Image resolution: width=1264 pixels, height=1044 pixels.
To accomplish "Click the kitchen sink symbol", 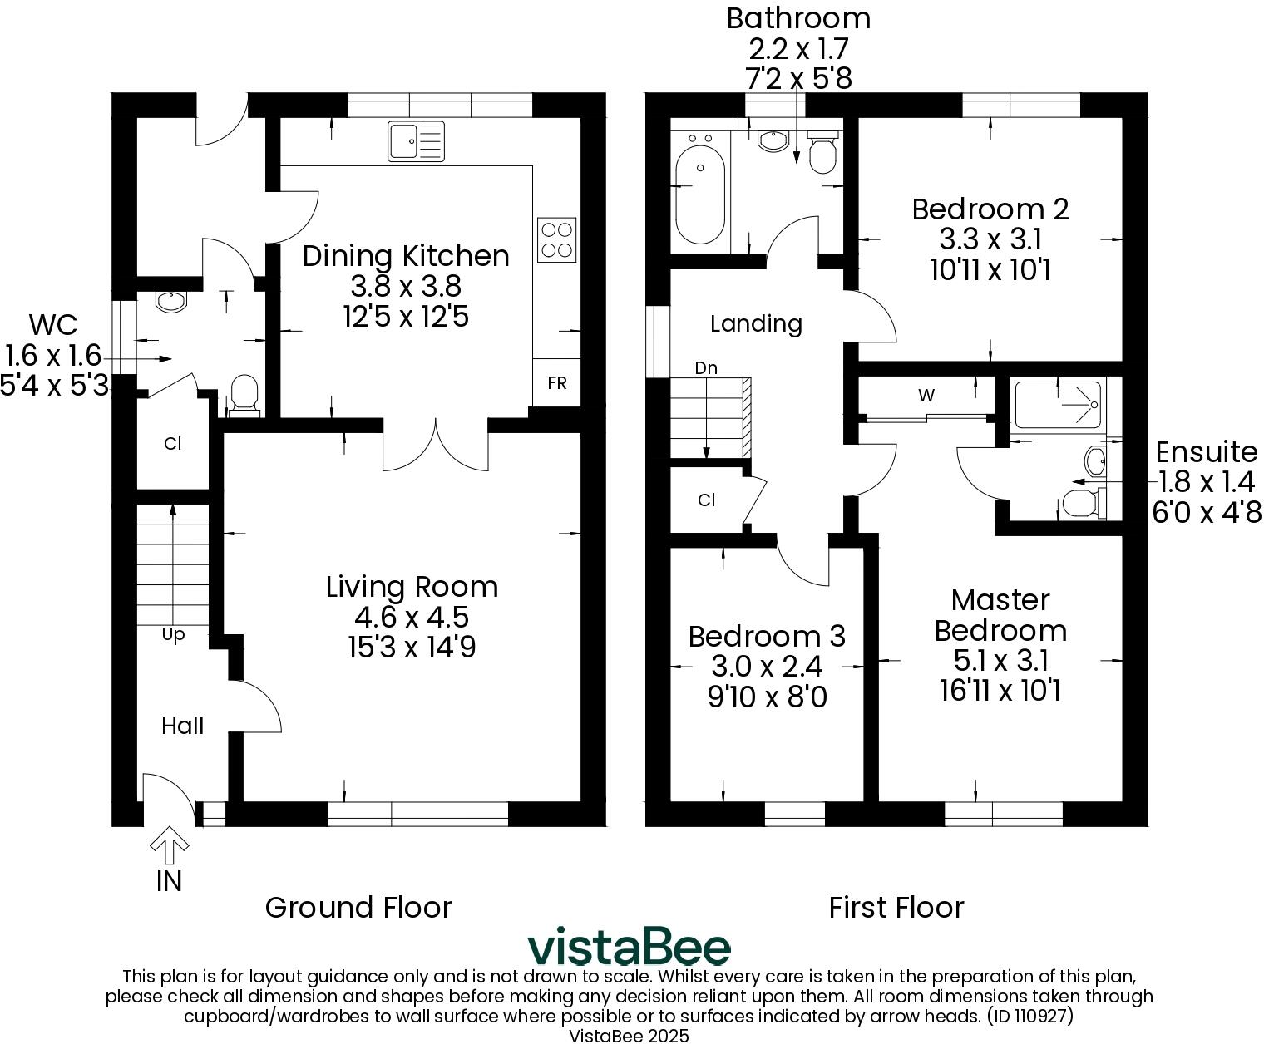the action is pos(416,141).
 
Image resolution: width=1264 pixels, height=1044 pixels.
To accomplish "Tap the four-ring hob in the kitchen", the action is pos(556,239).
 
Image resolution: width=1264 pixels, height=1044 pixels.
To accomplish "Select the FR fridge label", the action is pos(557,383).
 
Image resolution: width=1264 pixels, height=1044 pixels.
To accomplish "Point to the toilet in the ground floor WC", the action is pos(244,396).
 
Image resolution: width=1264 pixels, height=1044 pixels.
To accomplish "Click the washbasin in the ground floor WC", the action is pos(172,302).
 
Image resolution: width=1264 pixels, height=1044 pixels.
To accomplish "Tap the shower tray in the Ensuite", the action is pos(1057,404).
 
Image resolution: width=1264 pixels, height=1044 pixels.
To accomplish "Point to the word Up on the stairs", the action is pos(173,636).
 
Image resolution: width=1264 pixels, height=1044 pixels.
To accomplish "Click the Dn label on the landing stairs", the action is pos(706,368).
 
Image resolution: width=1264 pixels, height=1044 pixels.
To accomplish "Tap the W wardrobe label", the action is pos(926,395).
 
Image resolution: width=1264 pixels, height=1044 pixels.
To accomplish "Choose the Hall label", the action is pos(182,726).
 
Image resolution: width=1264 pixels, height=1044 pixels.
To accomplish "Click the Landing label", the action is pos(756,324).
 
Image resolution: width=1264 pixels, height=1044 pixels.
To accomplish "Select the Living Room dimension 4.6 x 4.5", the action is pos(412,618).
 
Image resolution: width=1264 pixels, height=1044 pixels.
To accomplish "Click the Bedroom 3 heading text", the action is pos(767,637).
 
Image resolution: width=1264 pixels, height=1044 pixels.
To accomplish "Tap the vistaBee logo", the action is pos(629,948).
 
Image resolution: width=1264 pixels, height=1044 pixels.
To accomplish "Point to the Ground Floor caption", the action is pos(358,908).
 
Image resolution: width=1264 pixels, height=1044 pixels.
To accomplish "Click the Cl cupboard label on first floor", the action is pos(707,500).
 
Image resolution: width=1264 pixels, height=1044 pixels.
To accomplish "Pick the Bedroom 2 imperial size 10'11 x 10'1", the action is pos(990,270).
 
